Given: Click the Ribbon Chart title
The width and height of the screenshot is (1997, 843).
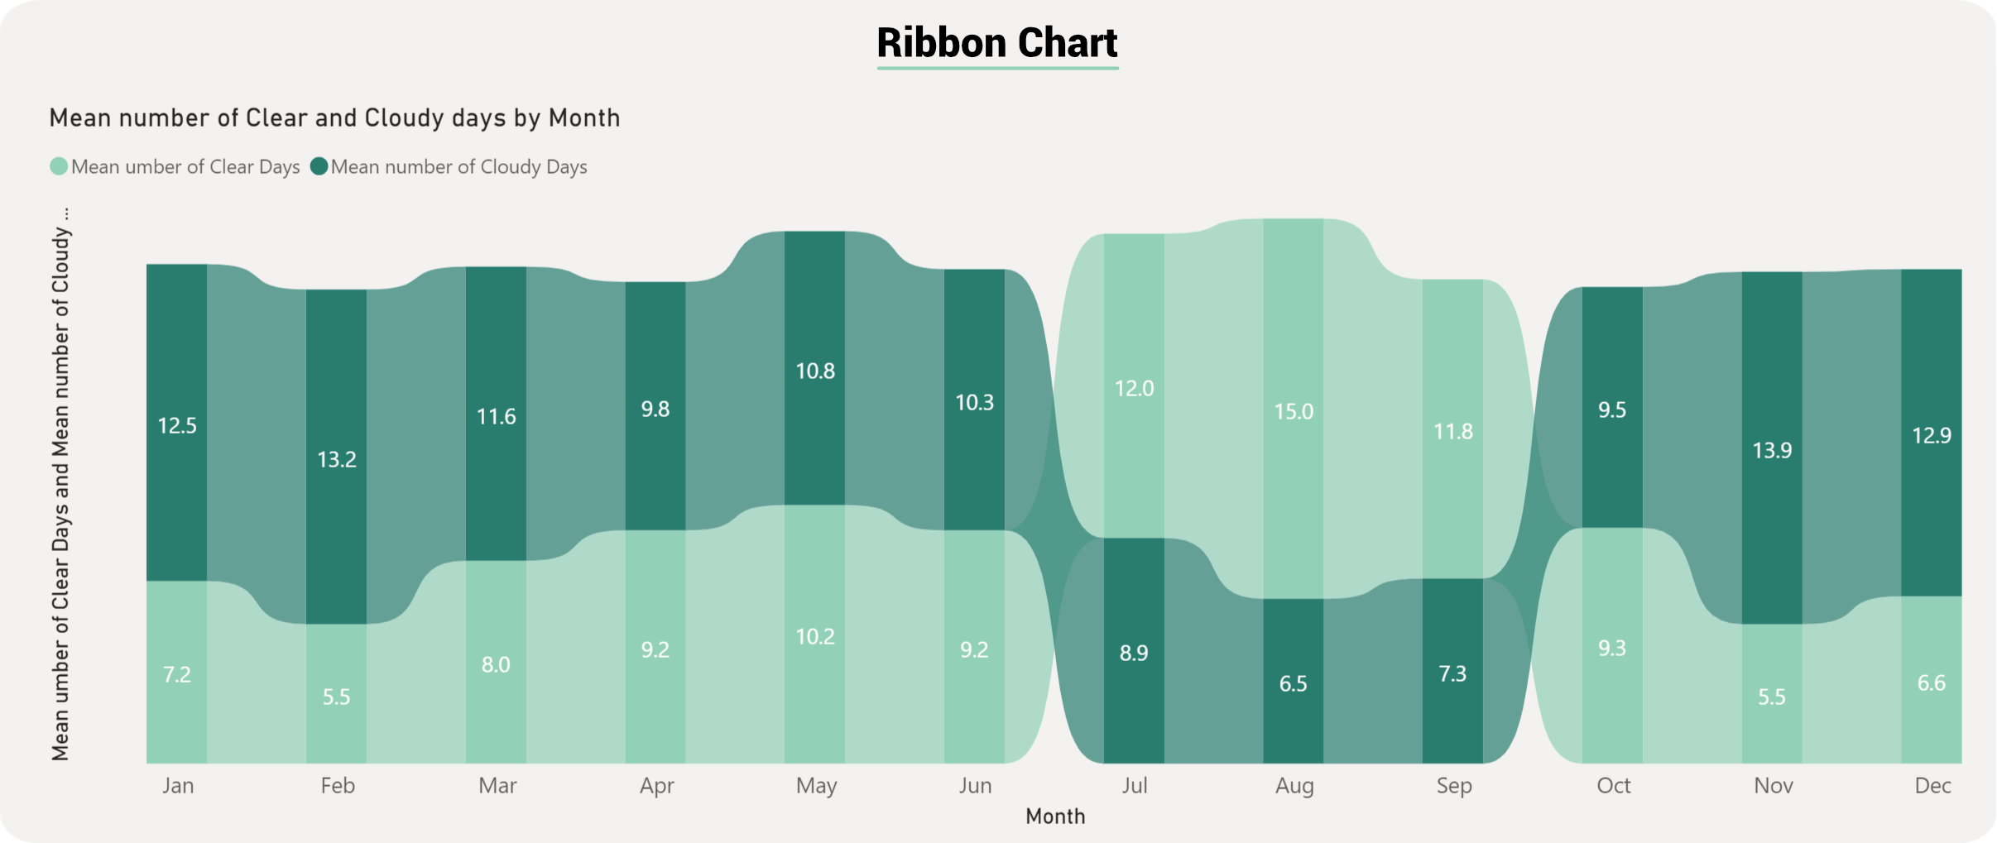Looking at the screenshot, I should [x=997, y=43].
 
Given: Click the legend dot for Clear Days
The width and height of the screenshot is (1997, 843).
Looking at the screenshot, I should [x=59, y=166].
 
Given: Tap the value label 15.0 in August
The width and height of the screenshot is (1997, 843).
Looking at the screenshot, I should [x=1294, y=411].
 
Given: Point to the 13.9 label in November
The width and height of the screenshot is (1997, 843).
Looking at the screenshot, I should [x=1772, y=450].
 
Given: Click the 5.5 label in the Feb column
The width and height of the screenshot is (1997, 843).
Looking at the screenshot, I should [x=336, y=697].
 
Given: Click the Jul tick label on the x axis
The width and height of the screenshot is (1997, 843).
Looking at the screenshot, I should [x=1134, y=785].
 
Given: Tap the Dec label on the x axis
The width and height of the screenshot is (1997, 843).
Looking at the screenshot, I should [x=1932, y=785].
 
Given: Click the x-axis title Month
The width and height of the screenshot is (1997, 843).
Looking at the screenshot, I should [x=1055, y=817].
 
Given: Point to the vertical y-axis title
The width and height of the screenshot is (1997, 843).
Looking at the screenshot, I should [x=60, y=484].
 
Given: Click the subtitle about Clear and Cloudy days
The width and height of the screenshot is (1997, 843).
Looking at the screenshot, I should [x=334, y=118].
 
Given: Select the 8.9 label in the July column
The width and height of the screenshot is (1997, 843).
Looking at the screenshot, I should [x=1134, y=653].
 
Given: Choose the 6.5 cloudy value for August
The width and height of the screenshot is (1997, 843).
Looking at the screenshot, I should [x=1293, y=683].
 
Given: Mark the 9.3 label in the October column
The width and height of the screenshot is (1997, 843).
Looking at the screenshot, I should [x=1612, y=648].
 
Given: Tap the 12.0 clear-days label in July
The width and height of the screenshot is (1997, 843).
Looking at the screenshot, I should [x=1134, y=388].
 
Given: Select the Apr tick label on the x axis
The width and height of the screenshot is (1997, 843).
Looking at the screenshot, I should [x=656, y=785].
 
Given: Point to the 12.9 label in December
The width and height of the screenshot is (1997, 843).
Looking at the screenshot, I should [x=1932, y=435].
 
